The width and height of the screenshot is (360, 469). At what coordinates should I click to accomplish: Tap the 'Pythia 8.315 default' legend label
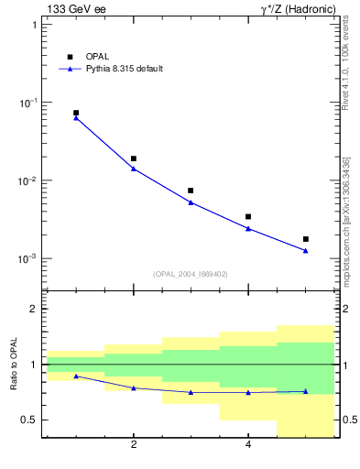[x=125, y=69]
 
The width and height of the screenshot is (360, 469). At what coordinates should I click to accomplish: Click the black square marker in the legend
[x=70, y=57]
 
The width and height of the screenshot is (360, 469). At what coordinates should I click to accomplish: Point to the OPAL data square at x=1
[x=76, y=113]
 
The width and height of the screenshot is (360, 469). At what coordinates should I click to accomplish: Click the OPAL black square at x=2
[x=134, y=158]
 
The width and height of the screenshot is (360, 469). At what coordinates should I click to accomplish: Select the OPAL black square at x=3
[x=191, y=191]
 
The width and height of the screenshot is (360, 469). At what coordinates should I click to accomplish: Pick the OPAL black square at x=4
[x=248, y=217]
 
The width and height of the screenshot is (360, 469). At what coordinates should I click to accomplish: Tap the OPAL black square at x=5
[x=306, y=239]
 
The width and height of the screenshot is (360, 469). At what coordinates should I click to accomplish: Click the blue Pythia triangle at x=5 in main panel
[x=306, y=251]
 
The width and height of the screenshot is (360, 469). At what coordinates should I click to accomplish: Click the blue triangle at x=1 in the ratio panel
[x=76, y=376]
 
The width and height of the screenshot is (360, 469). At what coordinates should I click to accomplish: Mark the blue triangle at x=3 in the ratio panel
[x=191, y=392]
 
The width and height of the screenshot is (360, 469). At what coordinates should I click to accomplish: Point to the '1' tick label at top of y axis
[x=34, y=25]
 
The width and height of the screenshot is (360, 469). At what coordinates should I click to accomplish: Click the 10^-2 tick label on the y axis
[x=27, y=180]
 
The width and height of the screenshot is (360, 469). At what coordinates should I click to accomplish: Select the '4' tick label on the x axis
[x=248, y=446]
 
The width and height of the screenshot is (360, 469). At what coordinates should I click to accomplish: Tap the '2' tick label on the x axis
[x=134, y=446]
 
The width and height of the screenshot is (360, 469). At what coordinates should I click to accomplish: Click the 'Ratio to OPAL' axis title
[x=15, y=365]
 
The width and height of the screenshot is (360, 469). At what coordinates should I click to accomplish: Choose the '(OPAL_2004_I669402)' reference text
[x=191, y=274]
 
